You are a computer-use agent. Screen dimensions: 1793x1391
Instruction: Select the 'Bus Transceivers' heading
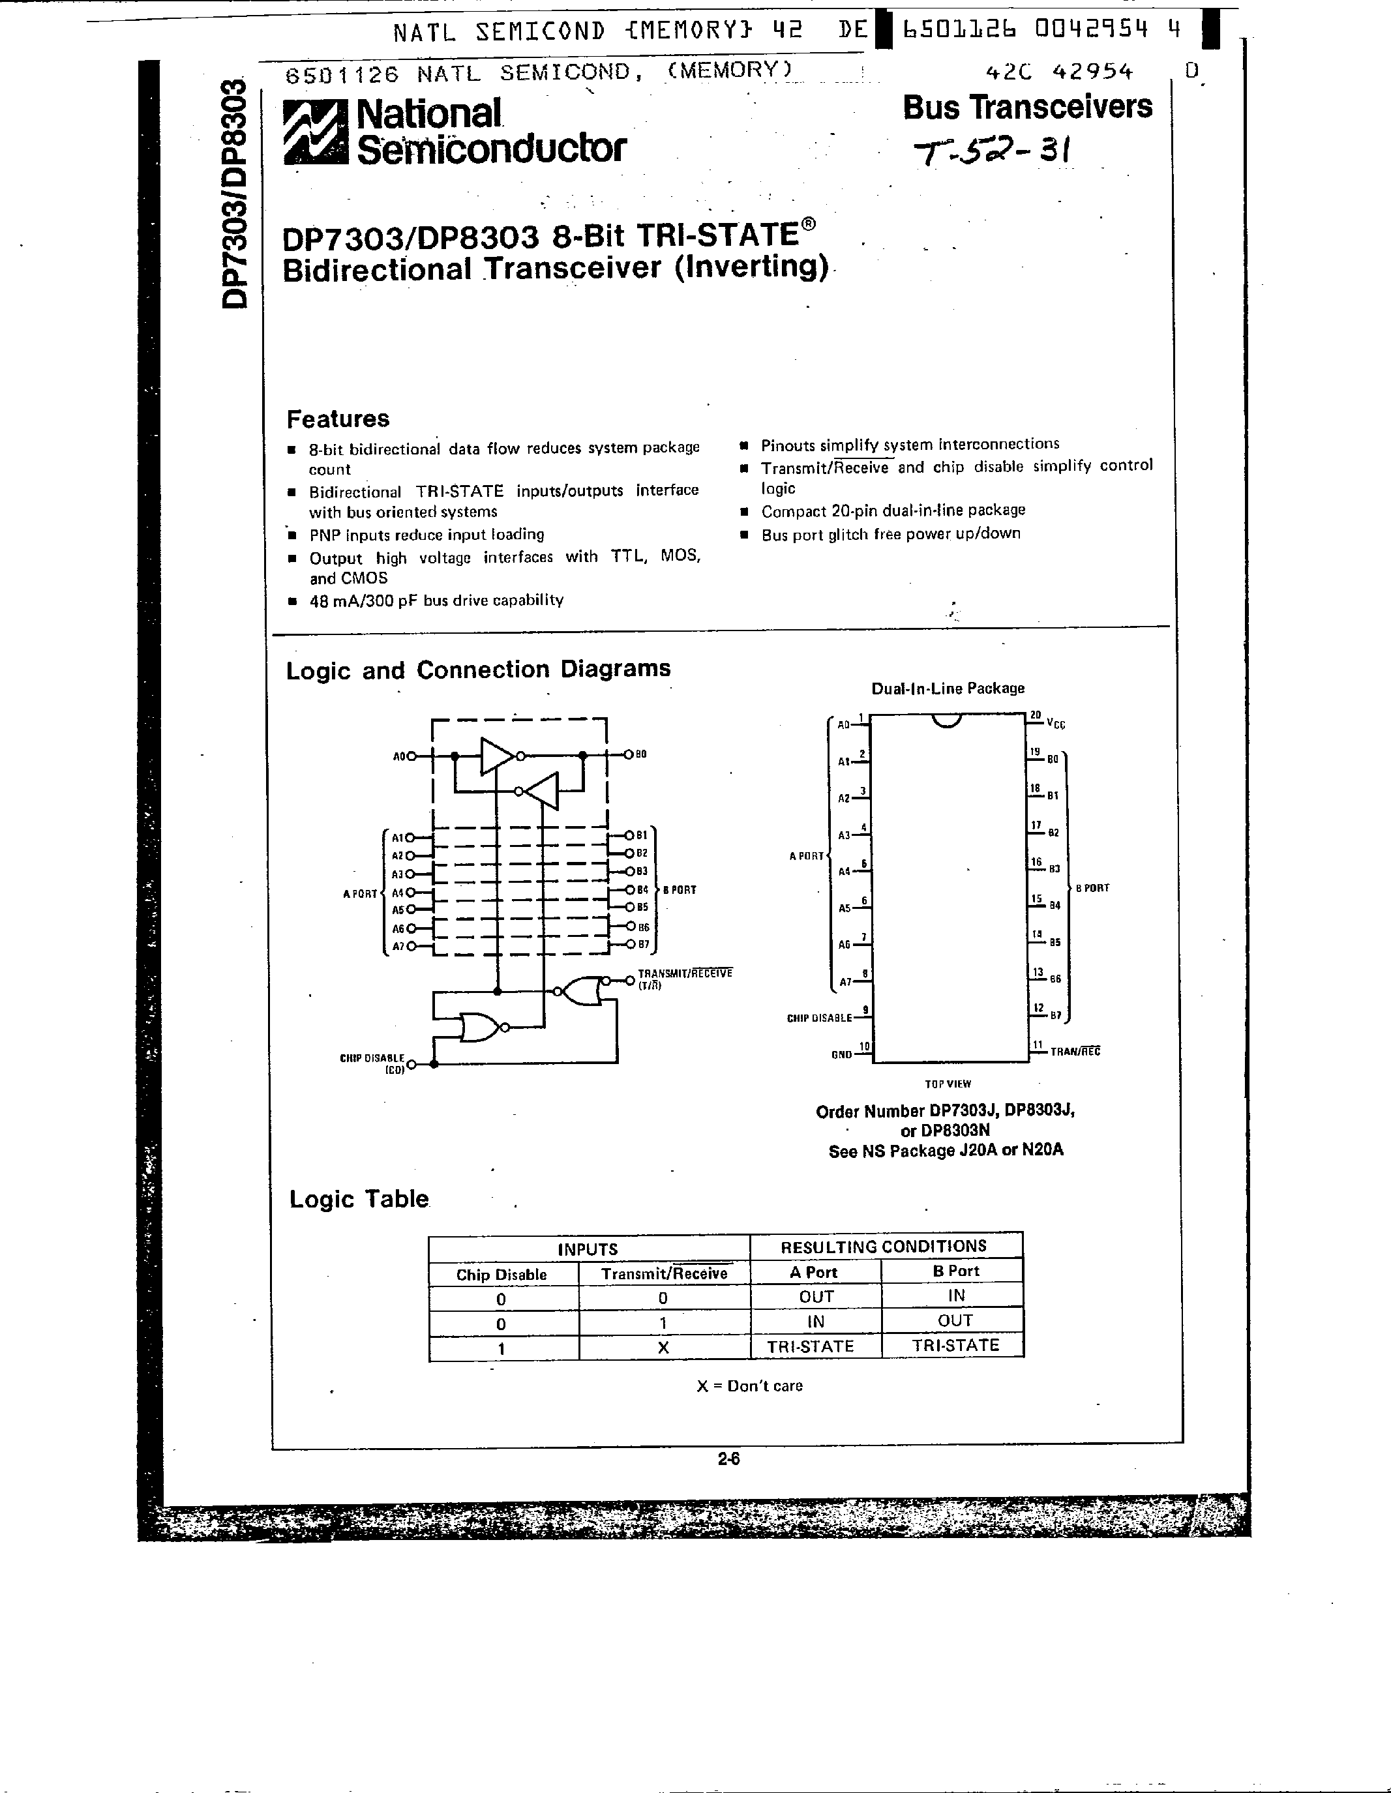1027,107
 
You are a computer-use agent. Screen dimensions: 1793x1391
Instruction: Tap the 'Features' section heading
338,419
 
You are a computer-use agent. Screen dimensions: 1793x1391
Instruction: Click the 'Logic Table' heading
359,1200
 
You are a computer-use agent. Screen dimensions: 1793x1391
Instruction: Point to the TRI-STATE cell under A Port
811,1346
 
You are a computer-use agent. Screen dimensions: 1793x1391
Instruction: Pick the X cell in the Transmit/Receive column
663,1347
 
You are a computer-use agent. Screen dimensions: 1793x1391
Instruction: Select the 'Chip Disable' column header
501,1274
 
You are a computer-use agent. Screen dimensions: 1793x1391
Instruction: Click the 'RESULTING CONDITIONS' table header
884,1246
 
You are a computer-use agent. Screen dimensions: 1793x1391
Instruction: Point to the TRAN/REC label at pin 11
1075,1051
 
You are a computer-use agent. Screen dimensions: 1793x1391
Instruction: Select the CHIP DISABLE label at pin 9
818,1018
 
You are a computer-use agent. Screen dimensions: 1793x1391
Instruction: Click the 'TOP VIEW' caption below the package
948,1084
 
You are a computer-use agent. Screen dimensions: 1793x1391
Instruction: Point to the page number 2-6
728,1459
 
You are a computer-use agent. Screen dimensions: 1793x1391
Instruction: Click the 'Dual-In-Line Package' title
948,688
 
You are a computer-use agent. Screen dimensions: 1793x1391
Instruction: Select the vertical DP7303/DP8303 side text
234,194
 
